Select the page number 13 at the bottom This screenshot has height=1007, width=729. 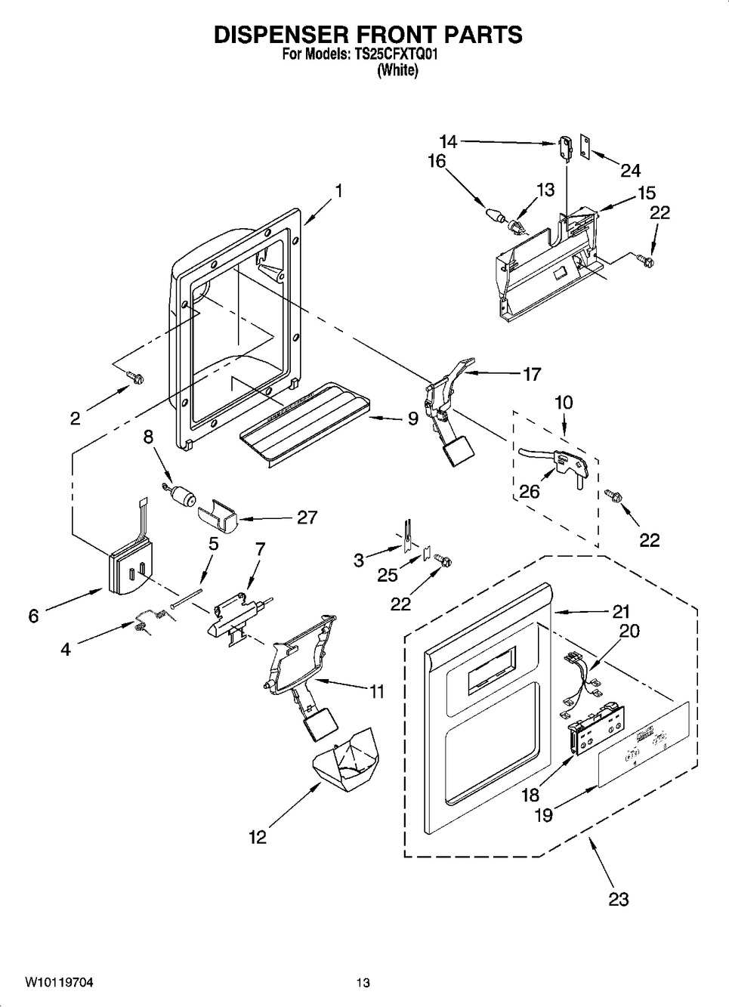(363, 983)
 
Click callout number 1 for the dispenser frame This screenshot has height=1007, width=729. (338, 192)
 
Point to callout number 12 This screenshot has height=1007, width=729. (258, 837)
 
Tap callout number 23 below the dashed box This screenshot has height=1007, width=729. (618, 899)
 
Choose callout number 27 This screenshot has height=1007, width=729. (307, 517)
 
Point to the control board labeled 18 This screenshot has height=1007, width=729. (596, 728)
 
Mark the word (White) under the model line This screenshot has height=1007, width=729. (397, 70)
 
